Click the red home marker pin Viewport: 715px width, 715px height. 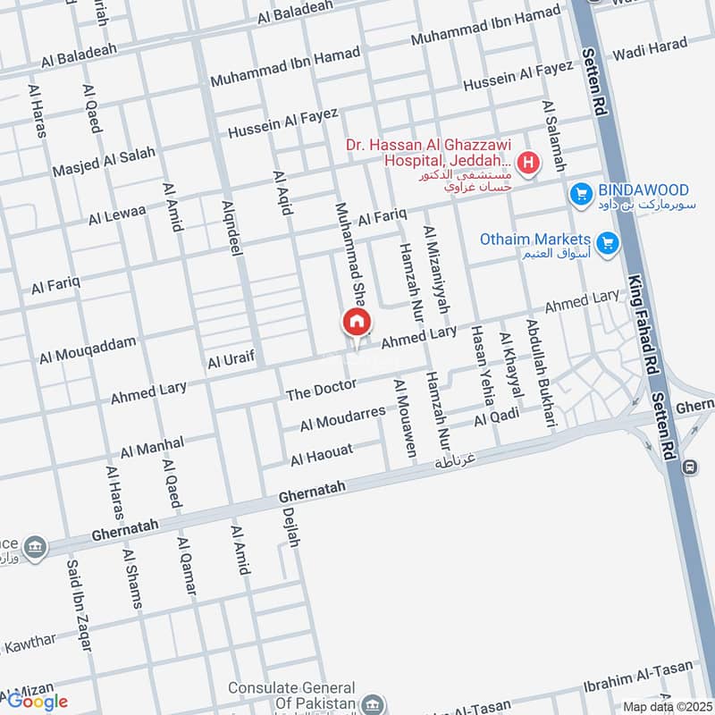point(356,323)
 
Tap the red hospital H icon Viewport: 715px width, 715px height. point(529,164)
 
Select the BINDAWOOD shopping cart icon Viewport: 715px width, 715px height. point(582,192)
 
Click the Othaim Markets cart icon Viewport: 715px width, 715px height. point(609,241)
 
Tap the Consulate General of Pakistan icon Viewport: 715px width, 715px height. point(376,702)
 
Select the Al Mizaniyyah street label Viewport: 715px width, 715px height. point(435,269)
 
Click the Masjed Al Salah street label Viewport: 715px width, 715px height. point(105,161)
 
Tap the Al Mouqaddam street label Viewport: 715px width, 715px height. point(88,350)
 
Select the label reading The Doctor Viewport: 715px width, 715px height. point(321,389)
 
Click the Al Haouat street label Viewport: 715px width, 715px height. point(322,454)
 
